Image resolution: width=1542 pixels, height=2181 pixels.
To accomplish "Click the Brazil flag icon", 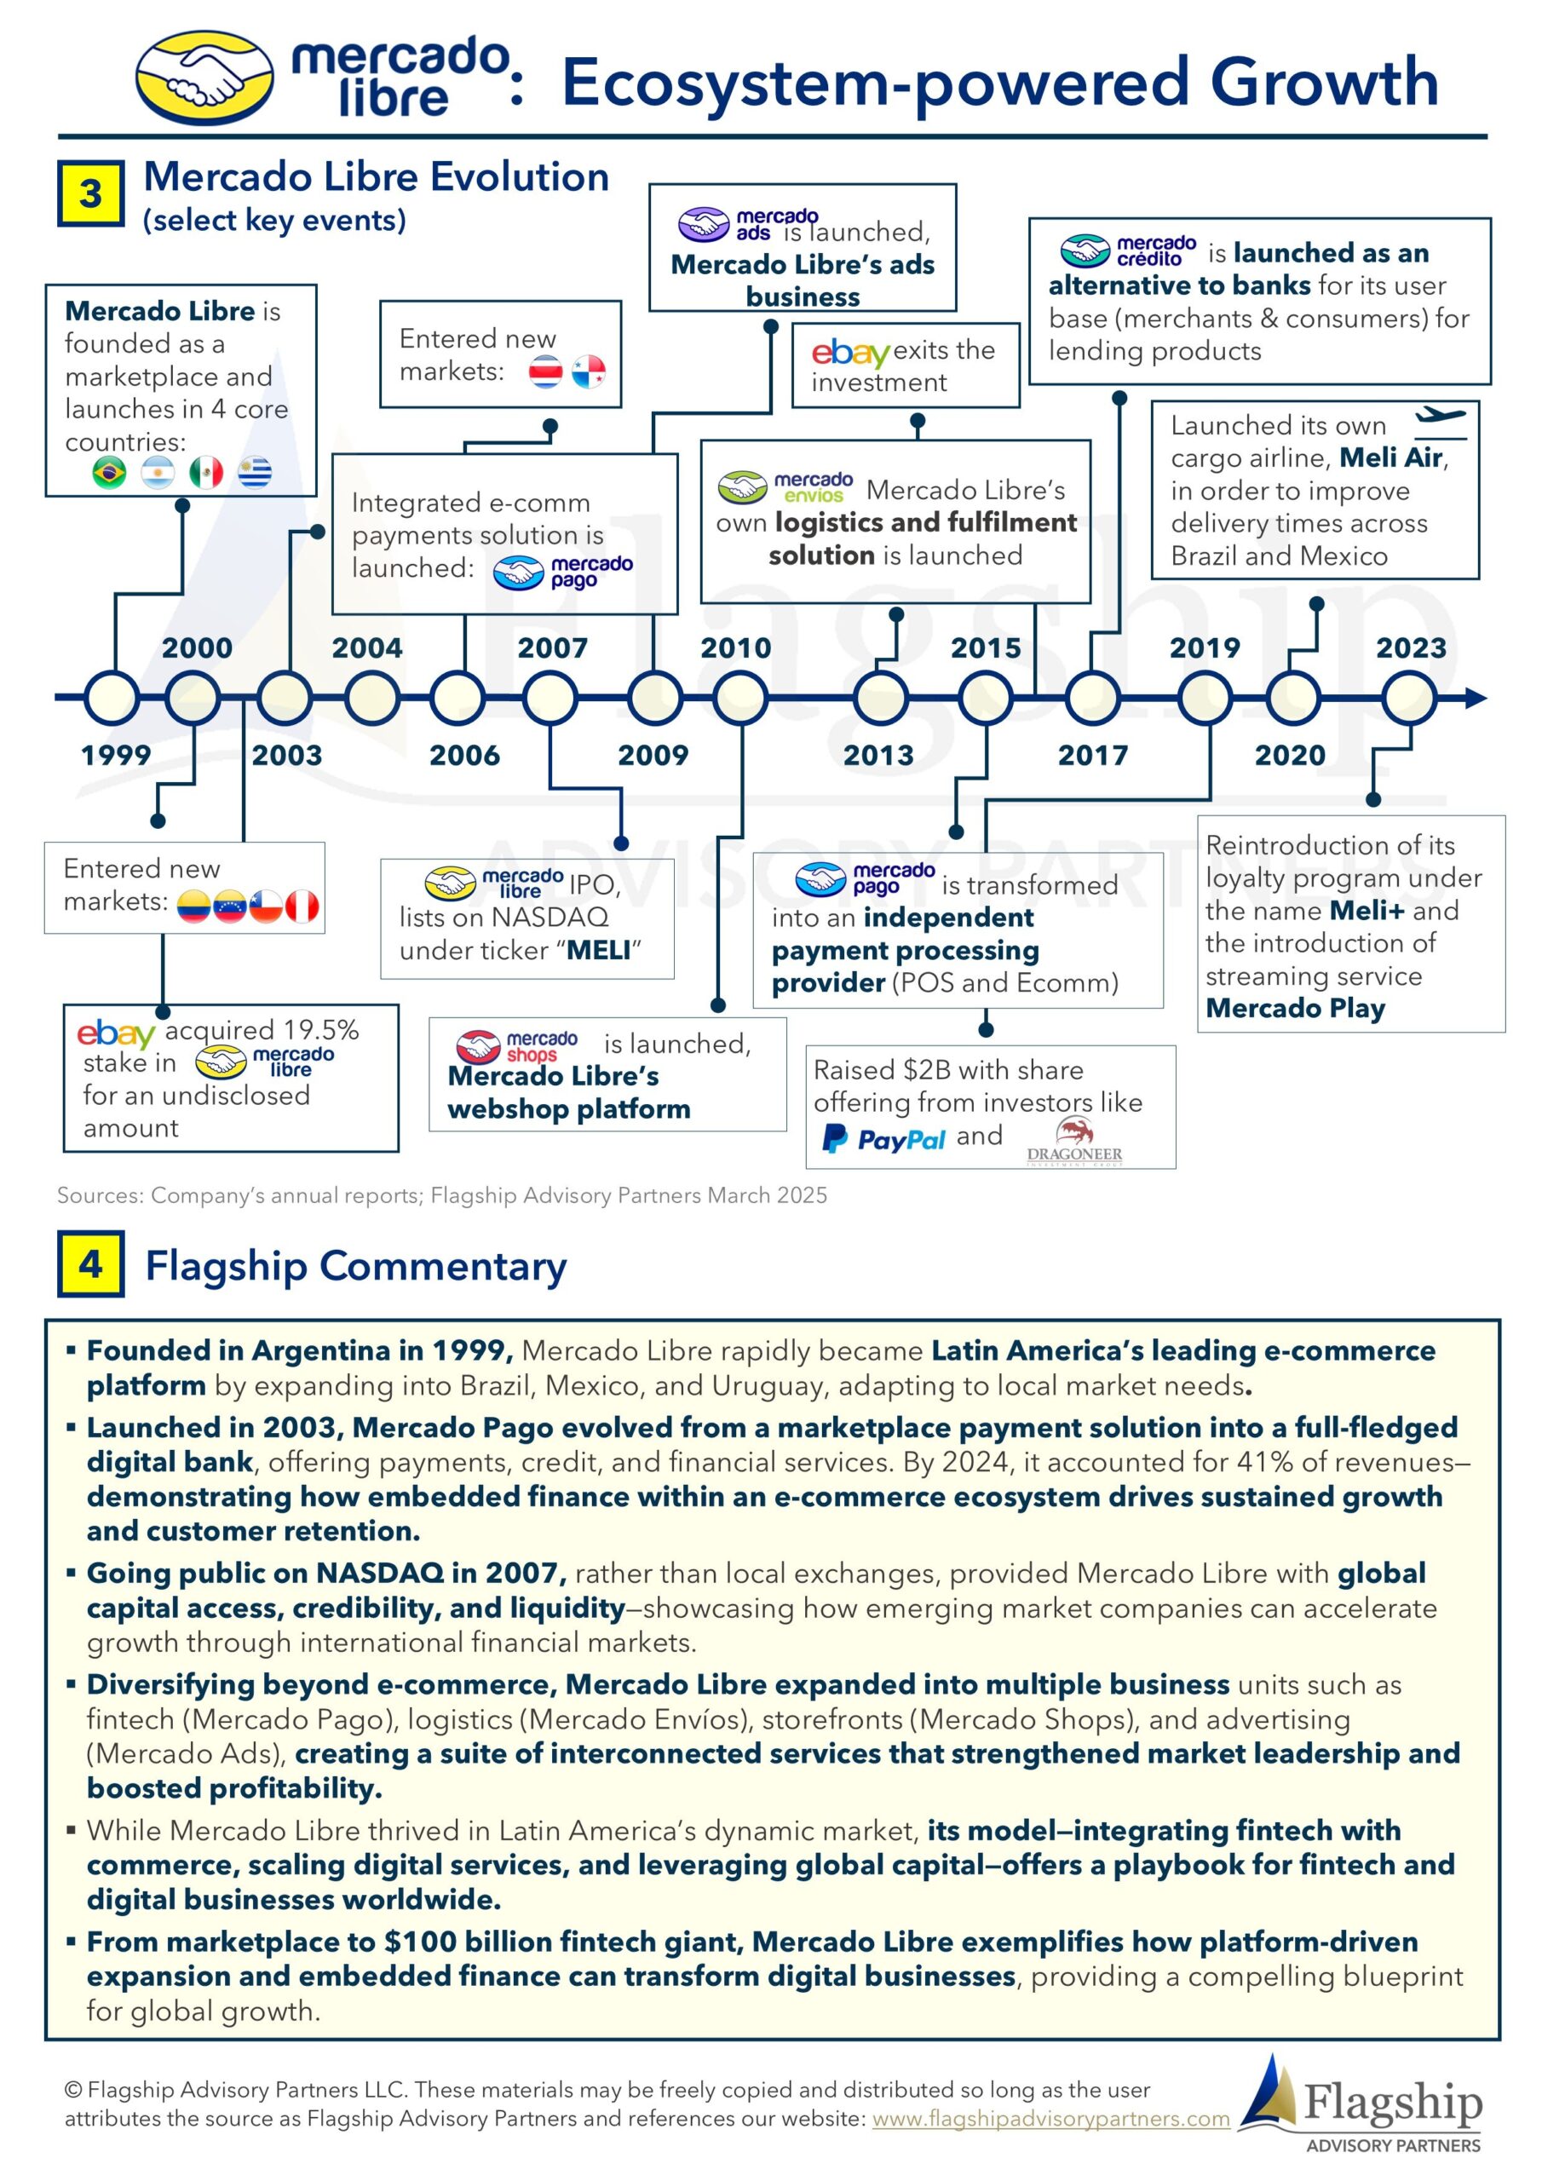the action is pyautogui.click(x=109, y=472).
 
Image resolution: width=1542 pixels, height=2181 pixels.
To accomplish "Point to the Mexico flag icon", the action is pyautogui.click(x=206, y=472).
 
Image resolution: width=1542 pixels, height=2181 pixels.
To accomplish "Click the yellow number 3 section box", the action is pyautogui.click(x=90, y=193).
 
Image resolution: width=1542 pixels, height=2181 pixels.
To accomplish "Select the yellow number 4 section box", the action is pyautogui.click(x=90, y=1264).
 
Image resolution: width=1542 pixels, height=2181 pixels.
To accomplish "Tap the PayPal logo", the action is pyautogui.click(x=883, y=1138).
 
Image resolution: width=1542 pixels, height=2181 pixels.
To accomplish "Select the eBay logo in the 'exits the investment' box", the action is pyautogui.click(x=850, y=353).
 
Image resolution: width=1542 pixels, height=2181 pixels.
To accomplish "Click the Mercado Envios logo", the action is pyautogui.click(x=785, y=487).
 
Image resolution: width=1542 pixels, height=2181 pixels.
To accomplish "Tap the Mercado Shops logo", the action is pyautogui.click(x=517, y=1047).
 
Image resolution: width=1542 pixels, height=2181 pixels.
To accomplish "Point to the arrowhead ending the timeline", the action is pyautogui.click(x=1476, y=699).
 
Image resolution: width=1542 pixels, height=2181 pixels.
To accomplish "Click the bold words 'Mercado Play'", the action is pyautogui.click(x=1295, y=1009).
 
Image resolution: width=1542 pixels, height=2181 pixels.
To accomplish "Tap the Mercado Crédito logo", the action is pyautogui.click(x=1129, y=251).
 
